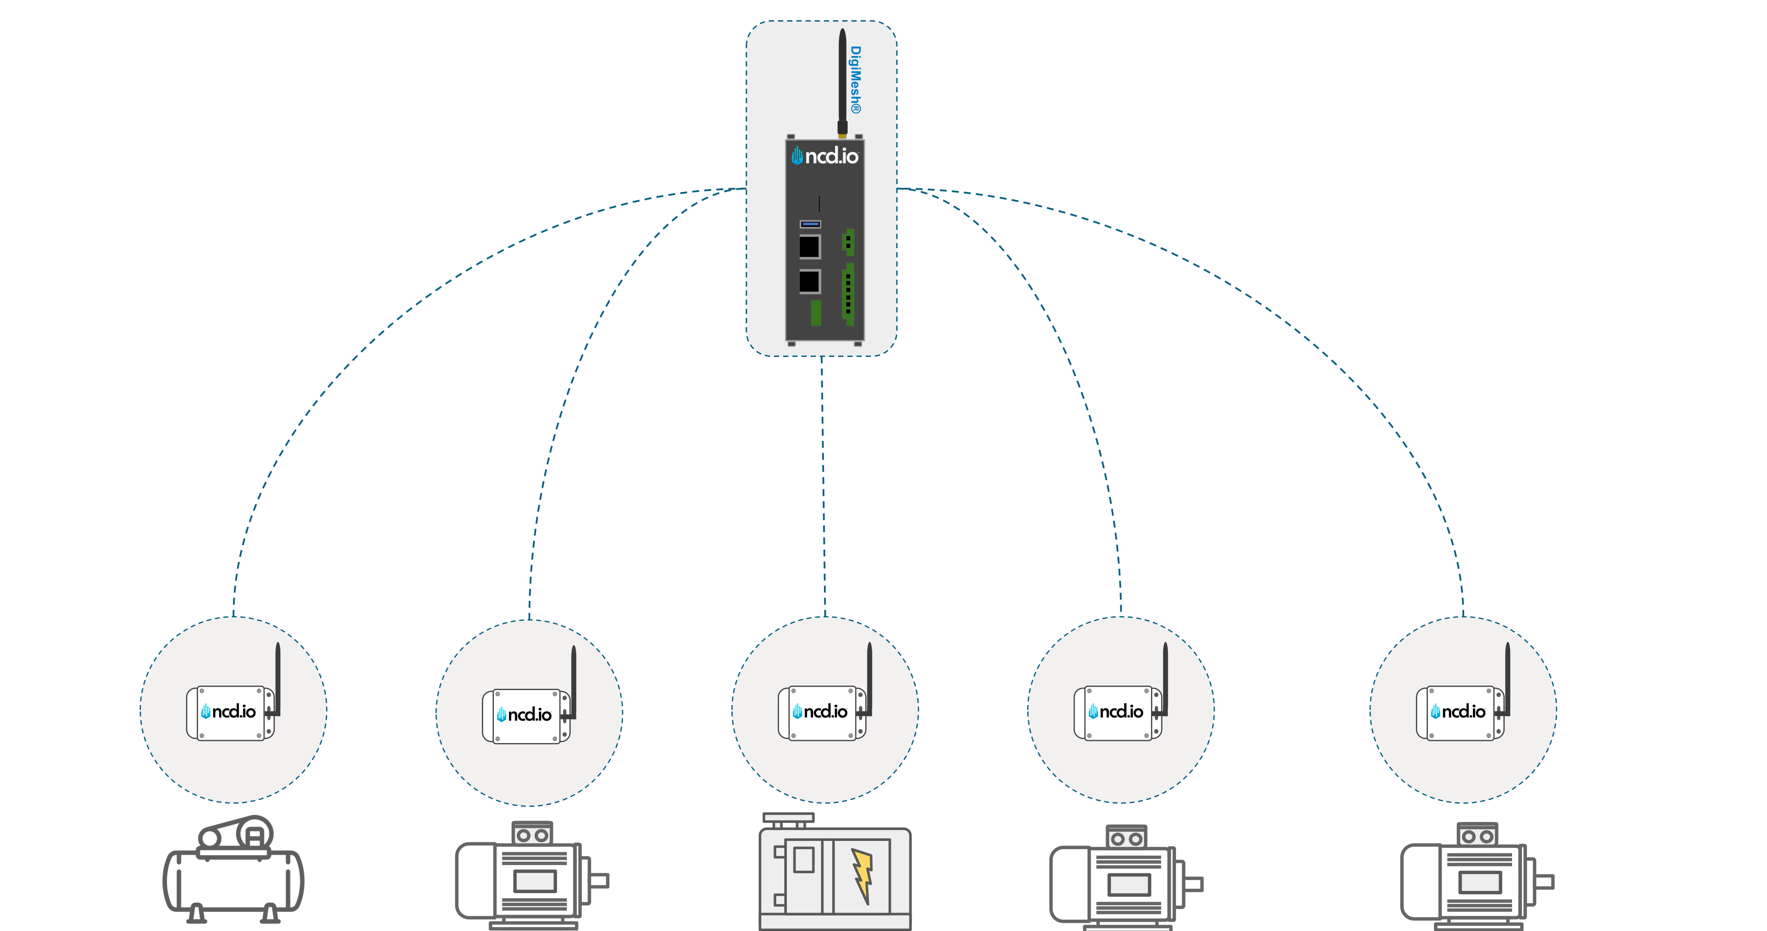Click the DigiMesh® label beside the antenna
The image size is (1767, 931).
(x=855, y=80)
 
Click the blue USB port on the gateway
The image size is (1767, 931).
(x=810, y=224)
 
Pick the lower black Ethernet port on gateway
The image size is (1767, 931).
(x=809, y=281)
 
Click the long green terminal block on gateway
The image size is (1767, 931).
(x=849, y=294)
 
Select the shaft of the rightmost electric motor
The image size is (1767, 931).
(x=1544, y=881)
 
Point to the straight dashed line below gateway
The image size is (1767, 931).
(x=823, y=480)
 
